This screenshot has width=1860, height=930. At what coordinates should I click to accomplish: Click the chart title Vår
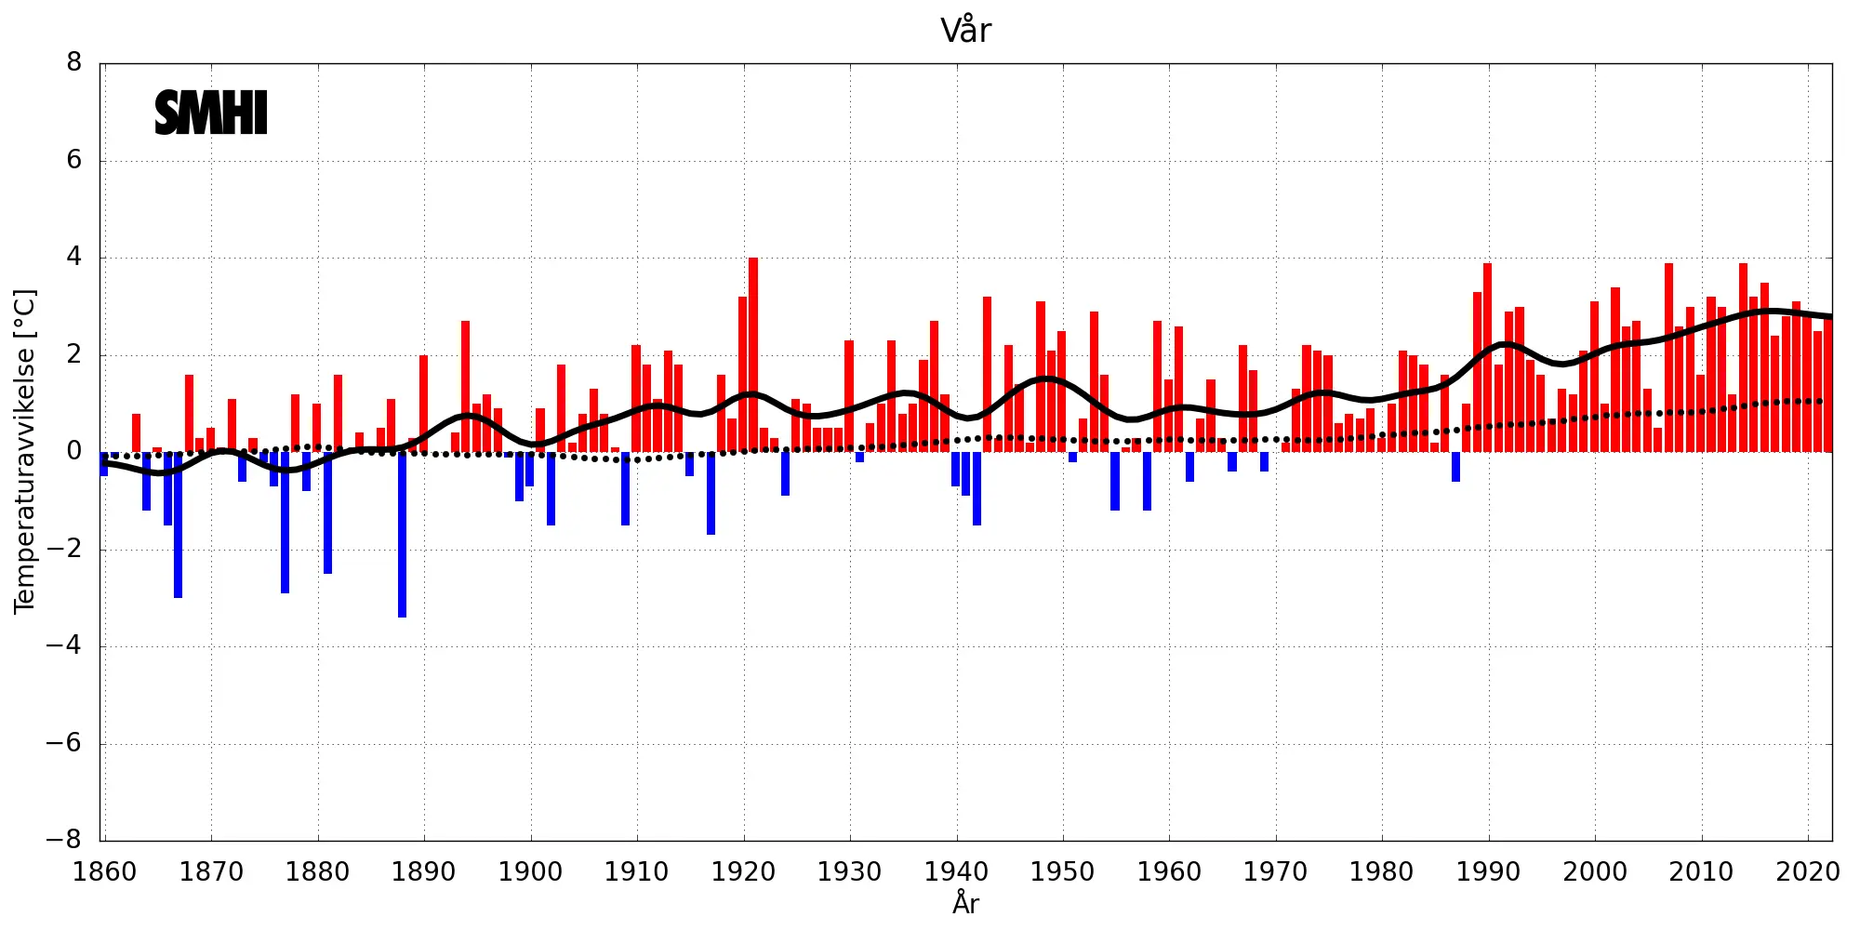pos(965,31)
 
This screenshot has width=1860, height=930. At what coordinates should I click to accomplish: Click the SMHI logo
pos(211,113)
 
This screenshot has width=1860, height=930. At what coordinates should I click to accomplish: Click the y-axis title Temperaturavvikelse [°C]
pos(25,451)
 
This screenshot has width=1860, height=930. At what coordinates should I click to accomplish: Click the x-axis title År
pos(965,903)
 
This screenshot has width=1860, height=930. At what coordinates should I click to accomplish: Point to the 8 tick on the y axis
pos(74,63)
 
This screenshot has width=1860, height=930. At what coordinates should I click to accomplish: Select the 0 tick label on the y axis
pos(74,452)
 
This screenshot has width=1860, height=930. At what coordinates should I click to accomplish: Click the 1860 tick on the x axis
pos(104,872)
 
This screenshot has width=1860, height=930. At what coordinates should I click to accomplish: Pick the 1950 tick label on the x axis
pos(1062,872)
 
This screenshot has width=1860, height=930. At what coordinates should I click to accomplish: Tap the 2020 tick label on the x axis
pos(1808,872)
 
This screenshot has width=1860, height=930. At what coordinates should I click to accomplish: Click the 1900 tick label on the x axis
pos(530,872)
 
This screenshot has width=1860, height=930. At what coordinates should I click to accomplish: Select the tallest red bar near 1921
pos(753,353)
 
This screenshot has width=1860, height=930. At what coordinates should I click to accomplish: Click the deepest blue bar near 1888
pos(402,535)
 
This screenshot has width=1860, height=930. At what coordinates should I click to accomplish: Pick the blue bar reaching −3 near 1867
pos(179,525)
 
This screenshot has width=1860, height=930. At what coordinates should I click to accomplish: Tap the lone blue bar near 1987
pos(1455,467)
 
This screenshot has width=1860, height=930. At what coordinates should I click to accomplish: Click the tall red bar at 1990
pos(1487,358)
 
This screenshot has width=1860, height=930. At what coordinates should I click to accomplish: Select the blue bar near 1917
pos(711,493)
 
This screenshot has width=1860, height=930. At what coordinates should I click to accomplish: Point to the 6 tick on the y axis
pos(74,160)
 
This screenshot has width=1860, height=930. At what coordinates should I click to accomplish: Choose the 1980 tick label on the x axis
pos(1381,872)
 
